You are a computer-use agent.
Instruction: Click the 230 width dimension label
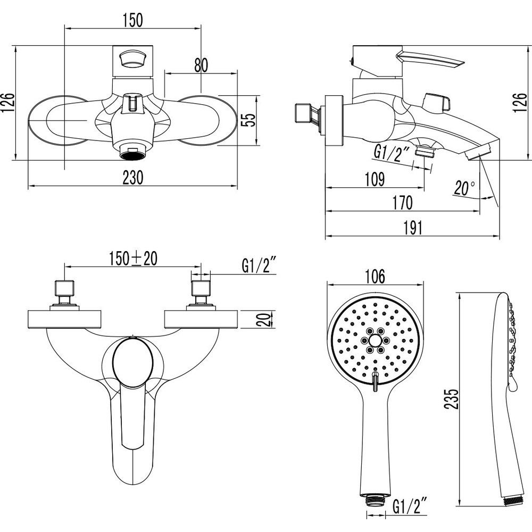[133, 178]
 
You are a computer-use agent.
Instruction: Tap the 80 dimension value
[201, 65]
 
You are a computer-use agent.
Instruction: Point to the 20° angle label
[464, 188]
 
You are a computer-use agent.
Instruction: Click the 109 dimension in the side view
[375, 179]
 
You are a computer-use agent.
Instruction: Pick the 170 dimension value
[403, 203]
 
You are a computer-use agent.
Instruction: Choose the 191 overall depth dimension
[413, 228]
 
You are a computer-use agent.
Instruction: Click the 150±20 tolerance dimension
[133, 259]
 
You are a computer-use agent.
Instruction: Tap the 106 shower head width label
[375, 277]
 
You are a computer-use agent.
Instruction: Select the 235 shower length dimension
[452, 398]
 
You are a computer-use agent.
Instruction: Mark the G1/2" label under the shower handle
[410, 506]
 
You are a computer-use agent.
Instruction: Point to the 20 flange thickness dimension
[264, 319]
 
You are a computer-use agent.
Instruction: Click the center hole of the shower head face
[375, 340]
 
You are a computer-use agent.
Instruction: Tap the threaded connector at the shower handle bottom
[375, 498]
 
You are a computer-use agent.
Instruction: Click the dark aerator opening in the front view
[132, 155]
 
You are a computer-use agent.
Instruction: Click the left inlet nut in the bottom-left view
[64, 288]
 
